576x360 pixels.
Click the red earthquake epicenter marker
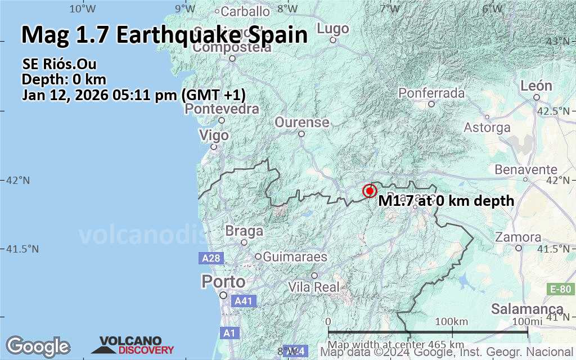pyautogui.click(x=370, y=191)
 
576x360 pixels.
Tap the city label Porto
pyautogui.click(x=223, y=281)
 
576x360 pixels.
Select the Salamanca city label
pyautogui.click(x=527, y=309)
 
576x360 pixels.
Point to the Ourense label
pyautogui.click(x=301, y=122)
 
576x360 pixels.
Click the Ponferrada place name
pyautogui.click(x=431, y=93)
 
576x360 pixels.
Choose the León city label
pyautogui.click(x=535, y=86)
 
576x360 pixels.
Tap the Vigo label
pyautogui.click(x=214, y=136)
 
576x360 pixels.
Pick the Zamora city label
pyautogui.click(x=519, y=237)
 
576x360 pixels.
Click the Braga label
pyautogui.click(x=244, y=231)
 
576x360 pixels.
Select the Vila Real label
pyautogui.click(x=314, y=286)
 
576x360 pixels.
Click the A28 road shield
pyautogui.click(x=211, y=258)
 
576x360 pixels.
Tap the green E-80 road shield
pyautogui.click(x=560, y=289)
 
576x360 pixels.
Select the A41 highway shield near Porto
pyautogui.click(x=244, y=301)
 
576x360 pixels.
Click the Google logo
pyautogui.click(x=38, y=345)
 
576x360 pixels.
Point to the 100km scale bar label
pyautogui.click(x=451, y=321)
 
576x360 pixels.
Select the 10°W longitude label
pyautogui.click(x=82, y=8)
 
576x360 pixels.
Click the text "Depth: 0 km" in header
pyautogui.click(x=64, y=79)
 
